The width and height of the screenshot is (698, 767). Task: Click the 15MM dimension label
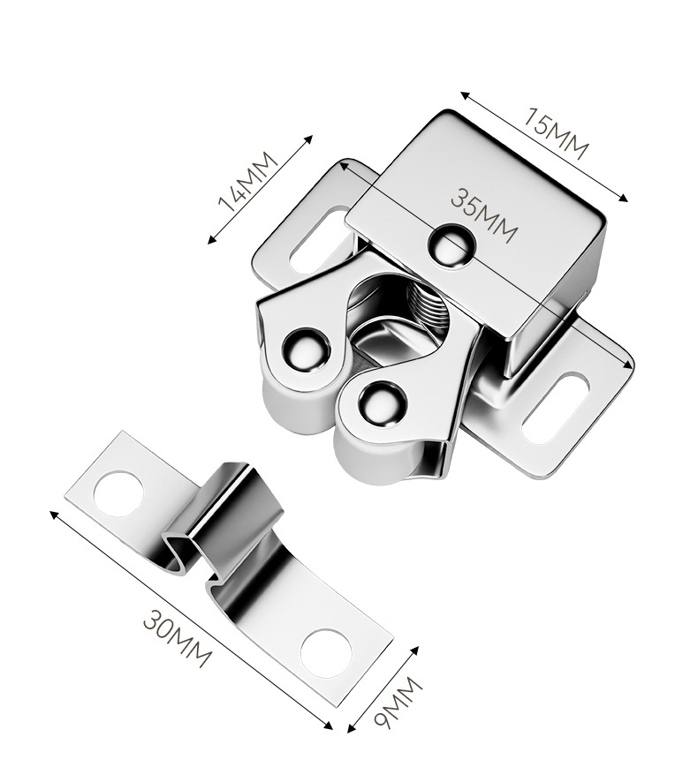555,133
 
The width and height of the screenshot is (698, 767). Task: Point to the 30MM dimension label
178,638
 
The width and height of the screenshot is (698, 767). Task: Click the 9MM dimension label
398,703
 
